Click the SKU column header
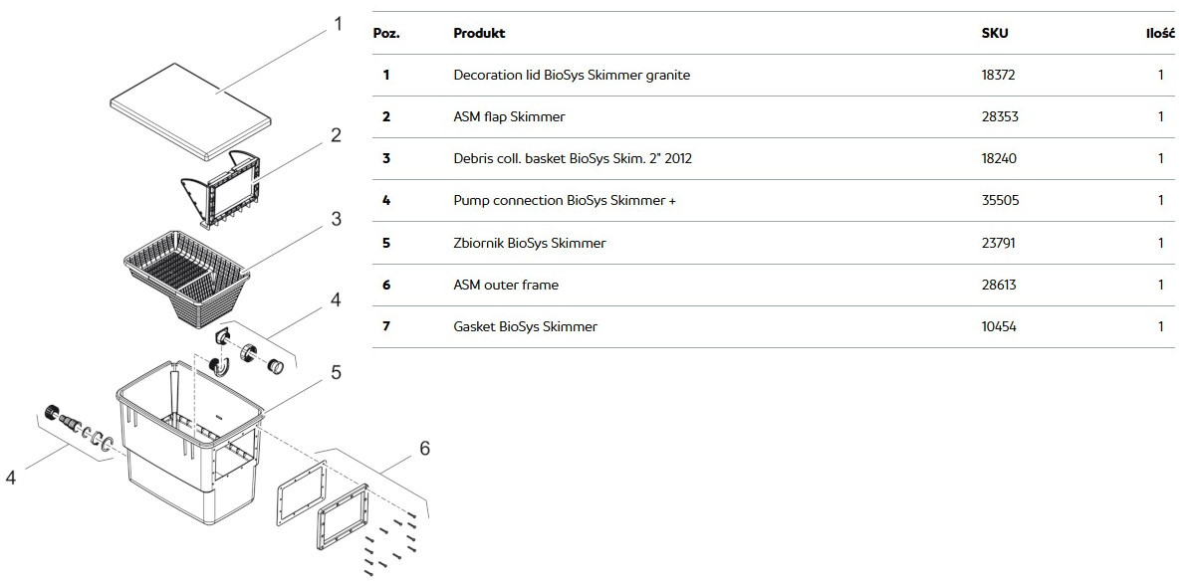click(995, 33)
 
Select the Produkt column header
click(479, 33)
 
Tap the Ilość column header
click(1160, 33)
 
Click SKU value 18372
click(998, 76)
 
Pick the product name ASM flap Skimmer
click(509, 116)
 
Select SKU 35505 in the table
click(1000, 200)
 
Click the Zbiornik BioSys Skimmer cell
click(530, 243)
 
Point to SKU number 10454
click(999, 326)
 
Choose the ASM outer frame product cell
click(506, 286)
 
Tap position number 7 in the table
click(386, 326)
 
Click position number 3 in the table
click(386, 159)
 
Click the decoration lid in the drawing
click(190, 111)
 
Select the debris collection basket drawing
click(187, 279)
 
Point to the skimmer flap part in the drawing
click(221, 190)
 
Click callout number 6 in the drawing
click(424, 448)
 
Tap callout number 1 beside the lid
click(338, 24)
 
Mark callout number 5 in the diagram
click(336, 372)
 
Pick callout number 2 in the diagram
click(336, 135)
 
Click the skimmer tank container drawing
click(190, 443)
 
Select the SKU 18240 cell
click(999, 159)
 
